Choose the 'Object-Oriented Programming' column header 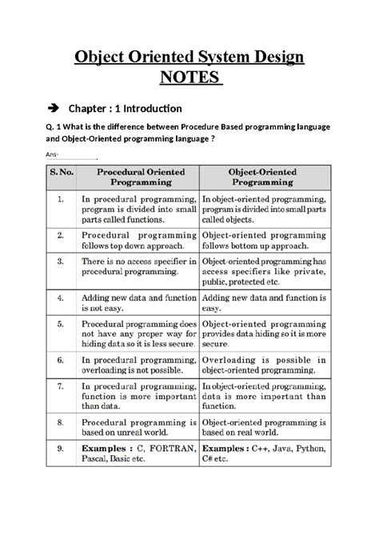tap(263, 177)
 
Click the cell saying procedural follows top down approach tap(137, 242)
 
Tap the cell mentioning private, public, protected tap(263, 272)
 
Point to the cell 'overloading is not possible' tap(137, 365)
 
